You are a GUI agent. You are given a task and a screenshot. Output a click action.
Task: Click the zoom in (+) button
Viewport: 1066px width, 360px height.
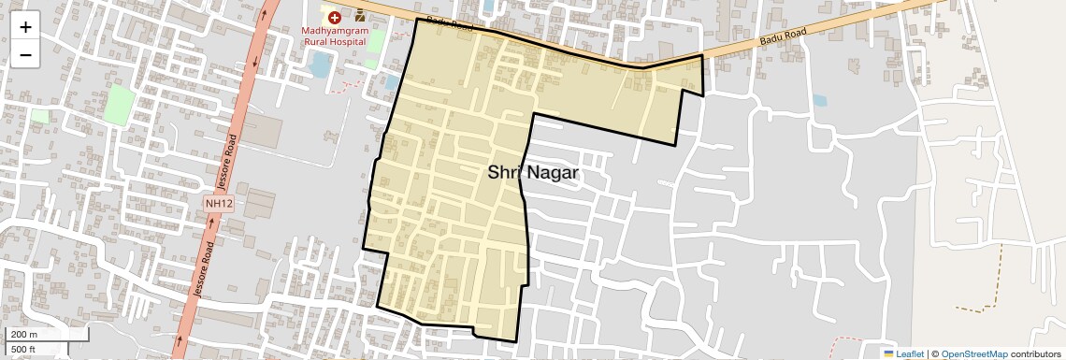tap(25, 26)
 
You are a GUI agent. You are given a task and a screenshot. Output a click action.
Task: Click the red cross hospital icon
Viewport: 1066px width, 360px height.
tap(334, 17)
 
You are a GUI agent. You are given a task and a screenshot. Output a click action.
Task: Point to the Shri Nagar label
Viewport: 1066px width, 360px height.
tap(533, 173)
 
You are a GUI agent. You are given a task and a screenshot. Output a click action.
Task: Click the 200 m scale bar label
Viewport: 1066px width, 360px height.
tap(24, 335)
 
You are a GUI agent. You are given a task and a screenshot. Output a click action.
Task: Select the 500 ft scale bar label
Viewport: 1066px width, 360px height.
tap(23, 350)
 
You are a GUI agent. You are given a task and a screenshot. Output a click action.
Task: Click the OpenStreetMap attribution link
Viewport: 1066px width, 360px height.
tap(973, 353)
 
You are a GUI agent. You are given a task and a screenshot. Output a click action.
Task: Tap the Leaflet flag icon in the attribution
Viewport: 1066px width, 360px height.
tap(888, 353)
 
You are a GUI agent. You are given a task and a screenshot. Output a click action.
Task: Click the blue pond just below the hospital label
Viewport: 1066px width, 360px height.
tap(320, 65)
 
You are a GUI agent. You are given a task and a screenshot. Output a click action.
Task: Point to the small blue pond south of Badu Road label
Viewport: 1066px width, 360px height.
tap(819, 100)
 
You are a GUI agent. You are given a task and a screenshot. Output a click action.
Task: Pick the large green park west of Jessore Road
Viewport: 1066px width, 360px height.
tap(120, 103)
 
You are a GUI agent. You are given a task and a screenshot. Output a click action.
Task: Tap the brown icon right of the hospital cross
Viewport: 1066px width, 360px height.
tap(359, 17)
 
